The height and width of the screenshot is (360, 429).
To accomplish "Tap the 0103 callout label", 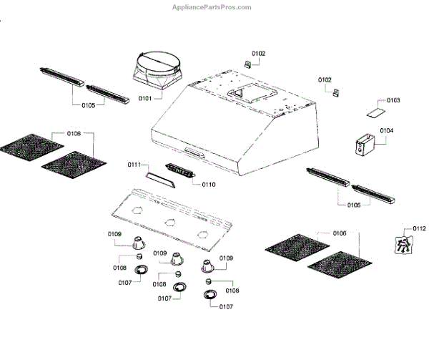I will tap(394, 100).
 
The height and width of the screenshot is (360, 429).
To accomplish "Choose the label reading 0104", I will tap(387, 131).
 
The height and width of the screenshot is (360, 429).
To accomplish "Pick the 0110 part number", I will tap(208, 185).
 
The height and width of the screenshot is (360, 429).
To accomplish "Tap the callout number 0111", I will tap(134, 165).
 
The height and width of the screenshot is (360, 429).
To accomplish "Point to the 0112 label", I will tap(419, 228).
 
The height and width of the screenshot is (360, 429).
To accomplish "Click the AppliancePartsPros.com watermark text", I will tap(212, 7).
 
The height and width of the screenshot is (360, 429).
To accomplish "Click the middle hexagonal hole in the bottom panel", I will tap(170, 221).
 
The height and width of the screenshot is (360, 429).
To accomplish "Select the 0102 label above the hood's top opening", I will tap(258, 54).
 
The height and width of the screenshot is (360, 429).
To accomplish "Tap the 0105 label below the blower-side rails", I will tap(89, 105).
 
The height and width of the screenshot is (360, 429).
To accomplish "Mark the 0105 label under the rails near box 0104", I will tap(354, 205).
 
